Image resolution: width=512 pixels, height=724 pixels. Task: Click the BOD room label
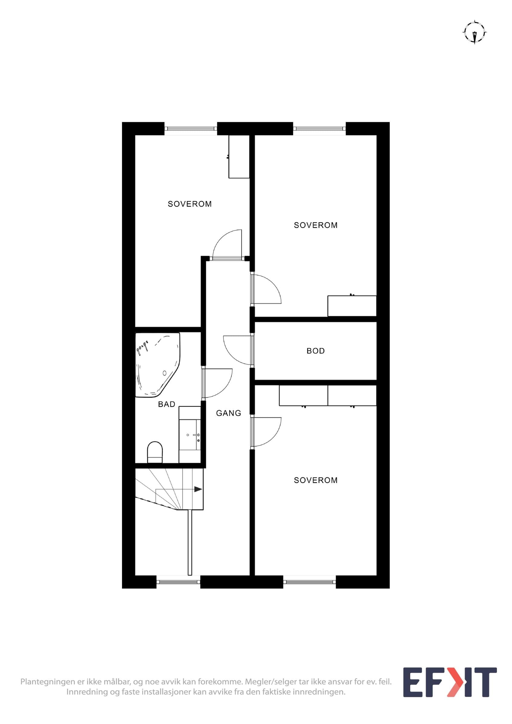[x=315, y=351]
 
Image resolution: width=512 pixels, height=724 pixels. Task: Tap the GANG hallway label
[x=229, y=413]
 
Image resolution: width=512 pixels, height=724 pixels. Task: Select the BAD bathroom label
[x=167, y=404]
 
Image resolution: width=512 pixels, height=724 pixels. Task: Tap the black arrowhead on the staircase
[x=198, y=489]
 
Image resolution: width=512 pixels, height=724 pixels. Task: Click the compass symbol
[x=475, y=33]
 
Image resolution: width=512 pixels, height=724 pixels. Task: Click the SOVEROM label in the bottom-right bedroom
[x=315, y=480]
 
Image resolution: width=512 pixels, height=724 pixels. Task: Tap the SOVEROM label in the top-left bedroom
[x=190, y=204]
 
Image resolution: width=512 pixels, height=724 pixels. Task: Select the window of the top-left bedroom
[x=191, y=129]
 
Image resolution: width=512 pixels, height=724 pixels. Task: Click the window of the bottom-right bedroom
[x=309, y=582]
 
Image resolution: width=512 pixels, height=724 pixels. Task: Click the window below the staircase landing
[x=178, y=582]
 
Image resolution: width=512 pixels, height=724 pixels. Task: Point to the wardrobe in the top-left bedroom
[x=239, y=157]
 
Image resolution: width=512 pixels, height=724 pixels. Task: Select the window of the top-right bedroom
[x=320, y=129]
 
